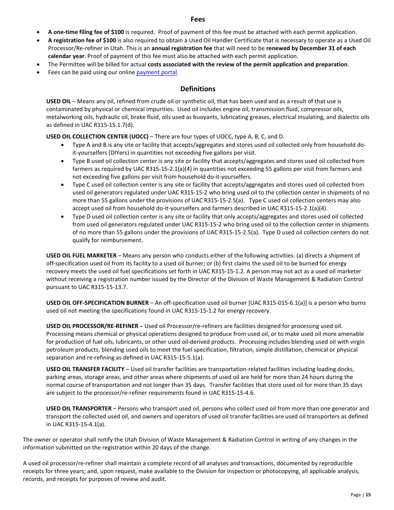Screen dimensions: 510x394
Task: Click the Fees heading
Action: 198,19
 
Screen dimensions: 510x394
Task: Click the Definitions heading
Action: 198,89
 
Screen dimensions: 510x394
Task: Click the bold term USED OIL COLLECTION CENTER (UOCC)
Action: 97,136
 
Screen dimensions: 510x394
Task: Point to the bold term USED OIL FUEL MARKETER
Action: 81,255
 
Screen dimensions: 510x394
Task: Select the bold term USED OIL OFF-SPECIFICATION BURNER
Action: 97,303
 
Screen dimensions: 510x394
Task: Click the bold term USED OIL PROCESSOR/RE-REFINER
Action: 92,326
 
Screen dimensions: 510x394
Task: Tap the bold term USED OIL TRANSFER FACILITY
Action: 85,369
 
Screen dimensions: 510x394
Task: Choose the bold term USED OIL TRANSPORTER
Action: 79,409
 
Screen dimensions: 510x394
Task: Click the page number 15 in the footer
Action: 368,495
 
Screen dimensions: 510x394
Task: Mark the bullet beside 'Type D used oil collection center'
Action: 62,217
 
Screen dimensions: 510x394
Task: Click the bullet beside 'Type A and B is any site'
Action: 62,145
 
